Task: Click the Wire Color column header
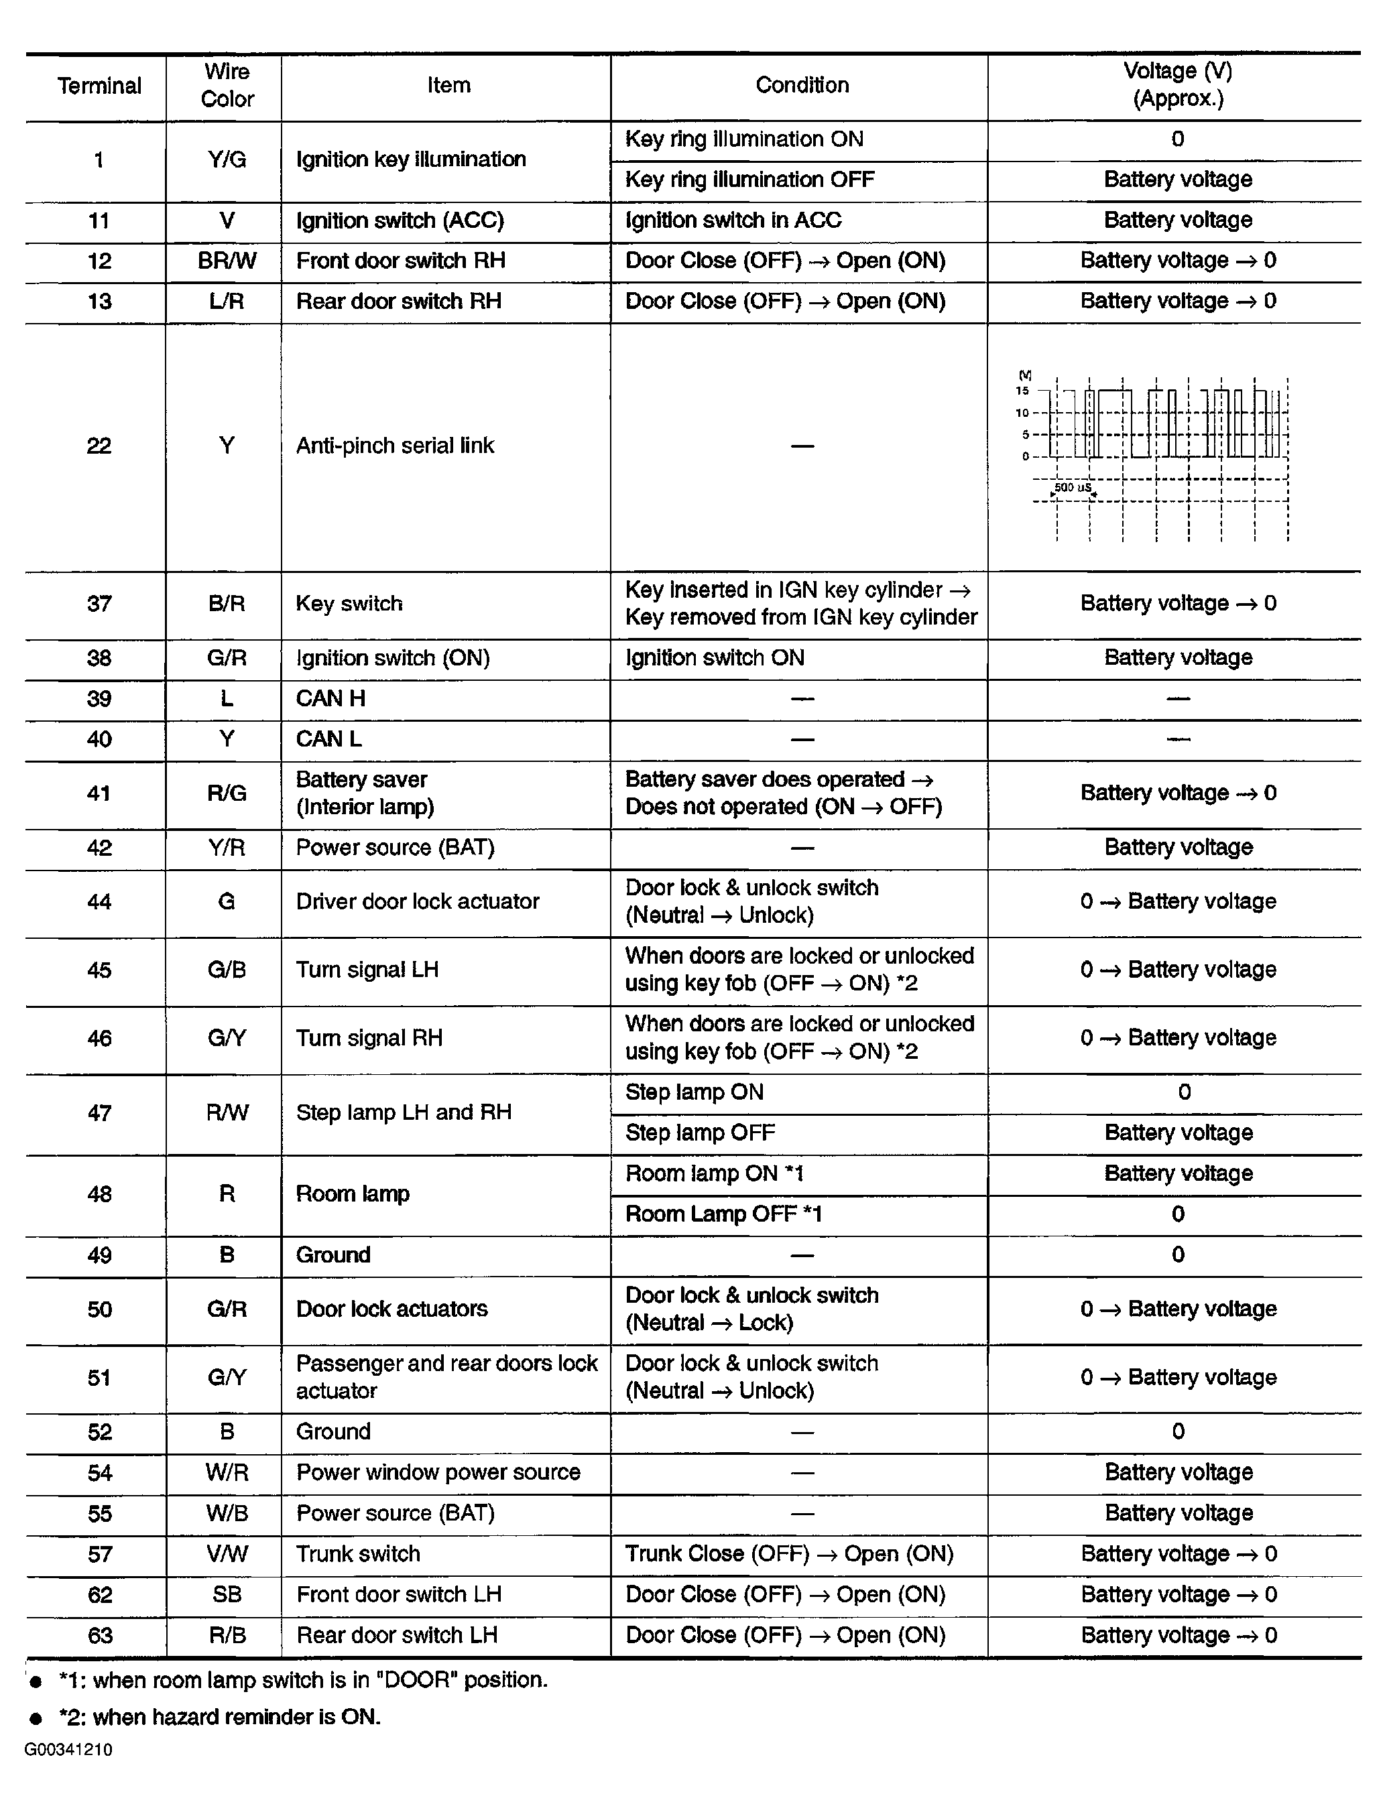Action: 227,85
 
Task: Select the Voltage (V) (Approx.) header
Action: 1177,85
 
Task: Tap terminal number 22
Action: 99,446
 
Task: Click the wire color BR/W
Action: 227,261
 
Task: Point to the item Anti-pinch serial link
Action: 395,446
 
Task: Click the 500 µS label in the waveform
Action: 1073,488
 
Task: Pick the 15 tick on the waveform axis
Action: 1022,391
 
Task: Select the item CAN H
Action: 330,698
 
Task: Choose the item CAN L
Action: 328,738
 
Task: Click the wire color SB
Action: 227,1595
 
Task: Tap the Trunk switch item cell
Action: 358,1554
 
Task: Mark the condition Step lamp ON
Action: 695,1092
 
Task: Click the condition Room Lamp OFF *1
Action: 723,1214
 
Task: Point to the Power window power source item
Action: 438,1472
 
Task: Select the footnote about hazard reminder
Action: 220,1717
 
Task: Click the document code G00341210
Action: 68,1750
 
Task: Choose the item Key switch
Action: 349,603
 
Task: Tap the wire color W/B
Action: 227,1513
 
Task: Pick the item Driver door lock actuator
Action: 418,901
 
